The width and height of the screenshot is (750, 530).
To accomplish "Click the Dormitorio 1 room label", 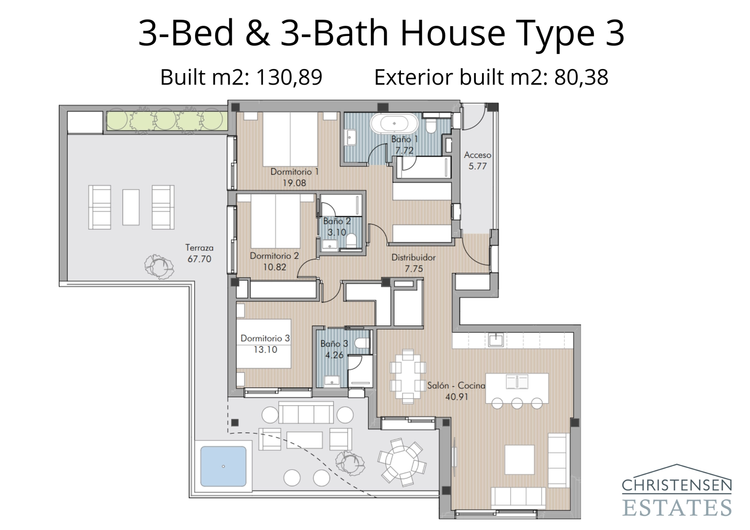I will [294, 172].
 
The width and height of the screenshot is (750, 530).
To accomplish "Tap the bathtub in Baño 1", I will [394, 124].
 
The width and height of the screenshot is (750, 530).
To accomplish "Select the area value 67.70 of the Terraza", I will [199, 259].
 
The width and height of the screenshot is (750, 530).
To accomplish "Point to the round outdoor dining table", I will [402, 461].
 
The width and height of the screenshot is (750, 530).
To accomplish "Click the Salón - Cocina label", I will [456, 386].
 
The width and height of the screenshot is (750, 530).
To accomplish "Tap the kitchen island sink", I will [517, 381].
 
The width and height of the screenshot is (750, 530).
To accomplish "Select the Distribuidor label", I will [413, 257].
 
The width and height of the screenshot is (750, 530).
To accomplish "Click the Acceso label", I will [477, 155].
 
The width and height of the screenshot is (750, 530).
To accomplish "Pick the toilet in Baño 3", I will [362, 343].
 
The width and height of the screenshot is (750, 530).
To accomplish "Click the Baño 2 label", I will [337, 221].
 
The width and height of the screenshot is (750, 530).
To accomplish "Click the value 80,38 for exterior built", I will [581, 77].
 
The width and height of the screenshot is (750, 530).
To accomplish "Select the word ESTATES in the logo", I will [676, 508].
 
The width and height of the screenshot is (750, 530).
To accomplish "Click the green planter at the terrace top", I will [166, 121].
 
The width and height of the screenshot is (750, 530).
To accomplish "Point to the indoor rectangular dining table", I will [408, 376].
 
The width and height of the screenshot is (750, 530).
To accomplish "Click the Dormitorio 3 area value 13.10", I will [265, 350].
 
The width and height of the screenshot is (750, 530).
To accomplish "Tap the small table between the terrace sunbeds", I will [131, 207].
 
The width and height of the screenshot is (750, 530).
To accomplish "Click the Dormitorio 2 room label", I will [274, 256].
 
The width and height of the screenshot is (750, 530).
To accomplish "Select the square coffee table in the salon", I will [519, 460].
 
